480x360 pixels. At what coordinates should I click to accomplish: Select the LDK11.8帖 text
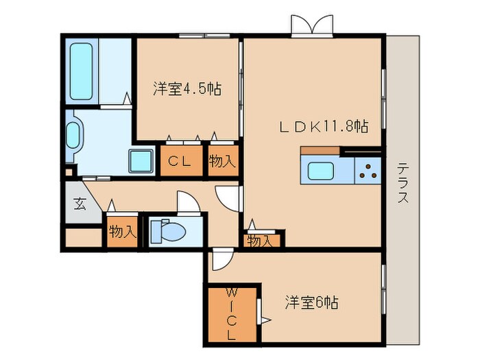click(x=323, y=126)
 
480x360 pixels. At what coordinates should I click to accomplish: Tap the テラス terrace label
click(x=403, y=184)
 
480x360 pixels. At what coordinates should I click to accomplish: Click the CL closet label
click(x=180, y=162)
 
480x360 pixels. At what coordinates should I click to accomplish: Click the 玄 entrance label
click(x=80, y=204)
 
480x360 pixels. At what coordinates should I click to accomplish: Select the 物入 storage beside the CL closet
click(x=223, y=162)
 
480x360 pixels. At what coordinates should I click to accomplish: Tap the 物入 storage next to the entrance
click(x=122, y=232)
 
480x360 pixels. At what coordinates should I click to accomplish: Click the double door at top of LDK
click(x=313, y=25)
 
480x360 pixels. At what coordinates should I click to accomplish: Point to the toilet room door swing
click(x=187, y=202)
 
